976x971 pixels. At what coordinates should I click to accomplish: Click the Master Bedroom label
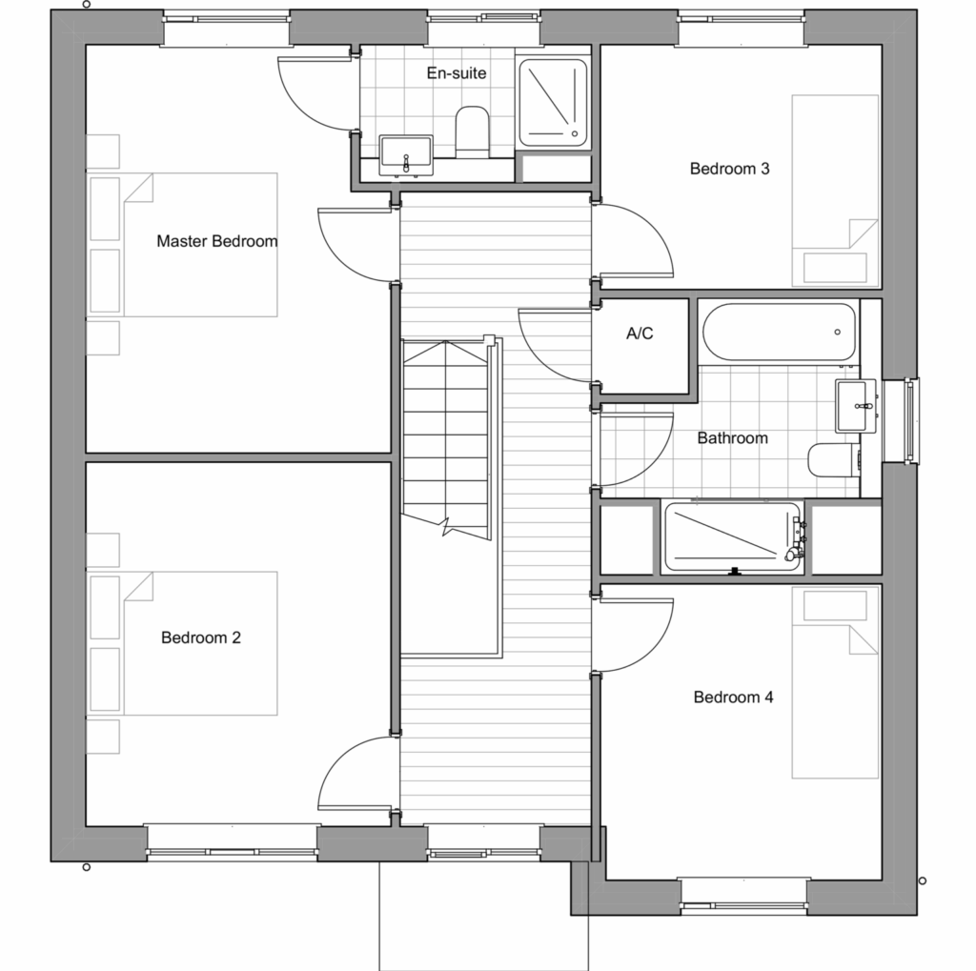216,241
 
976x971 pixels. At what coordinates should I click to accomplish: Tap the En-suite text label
457,72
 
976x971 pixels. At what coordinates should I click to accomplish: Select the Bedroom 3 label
729,168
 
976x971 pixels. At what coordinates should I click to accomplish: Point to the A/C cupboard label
640,334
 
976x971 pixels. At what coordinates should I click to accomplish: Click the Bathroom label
732,438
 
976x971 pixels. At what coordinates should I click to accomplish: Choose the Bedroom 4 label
733,698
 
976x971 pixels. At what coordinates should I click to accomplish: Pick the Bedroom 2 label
200,637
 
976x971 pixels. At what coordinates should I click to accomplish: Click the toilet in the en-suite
473,131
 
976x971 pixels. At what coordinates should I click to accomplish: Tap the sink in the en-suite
406,155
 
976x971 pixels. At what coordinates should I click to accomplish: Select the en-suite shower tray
553,103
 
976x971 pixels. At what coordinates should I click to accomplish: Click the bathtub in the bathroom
779,332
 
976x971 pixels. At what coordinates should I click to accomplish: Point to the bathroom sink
855,406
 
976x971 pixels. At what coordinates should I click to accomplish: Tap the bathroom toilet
833,460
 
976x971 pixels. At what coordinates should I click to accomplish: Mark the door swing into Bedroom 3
633,239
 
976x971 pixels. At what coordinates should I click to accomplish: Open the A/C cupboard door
555,345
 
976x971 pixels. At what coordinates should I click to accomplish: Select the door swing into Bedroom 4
633,636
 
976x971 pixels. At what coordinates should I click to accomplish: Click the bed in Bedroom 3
835,191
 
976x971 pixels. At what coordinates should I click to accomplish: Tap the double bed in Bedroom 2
184,643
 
